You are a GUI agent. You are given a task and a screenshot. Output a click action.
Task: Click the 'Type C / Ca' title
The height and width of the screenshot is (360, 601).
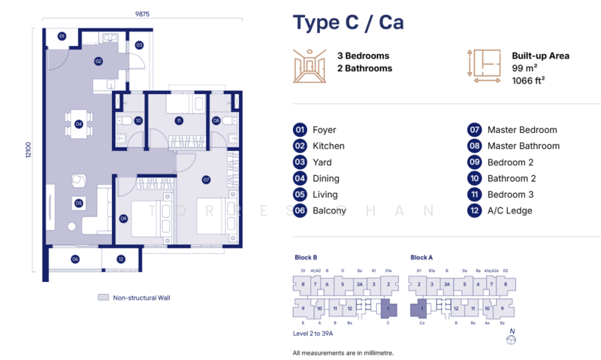[349, 23]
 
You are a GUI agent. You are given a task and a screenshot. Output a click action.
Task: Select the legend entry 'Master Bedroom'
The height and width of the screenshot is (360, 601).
[521, 130]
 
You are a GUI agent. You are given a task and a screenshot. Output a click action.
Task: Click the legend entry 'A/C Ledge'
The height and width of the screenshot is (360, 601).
[509, 210]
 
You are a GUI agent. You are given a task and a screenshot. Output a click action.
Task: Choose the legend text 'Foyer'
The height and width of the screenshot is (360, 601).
[325, 130]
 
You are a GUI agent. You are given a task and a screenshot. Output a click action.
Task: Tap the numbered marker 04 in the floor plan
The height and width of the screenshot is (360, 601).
[78, 125]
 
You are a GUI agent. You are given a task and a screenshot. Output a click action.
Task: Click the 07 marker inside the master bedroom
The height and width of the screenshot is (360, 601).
[206, 180]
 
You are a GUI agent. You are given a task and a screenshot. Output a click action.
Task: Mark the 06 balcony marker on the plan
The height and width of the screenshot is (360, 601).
[75, 259]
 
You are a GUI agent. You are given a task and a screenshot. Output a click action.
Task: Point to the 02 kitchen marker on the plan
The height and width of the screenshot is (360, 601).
[98, 61]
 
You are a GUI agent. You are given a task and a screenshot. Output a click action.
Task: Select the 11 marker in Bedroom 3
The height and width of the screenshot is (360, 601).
[179, 120]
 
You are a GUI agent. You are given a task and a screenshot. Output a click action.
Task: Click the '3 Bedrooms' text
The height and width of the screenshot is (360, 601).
[363, 56]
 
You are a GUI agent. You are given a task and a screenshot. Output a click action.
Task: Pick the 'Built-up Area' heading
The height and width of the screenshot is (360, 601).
[540, 56]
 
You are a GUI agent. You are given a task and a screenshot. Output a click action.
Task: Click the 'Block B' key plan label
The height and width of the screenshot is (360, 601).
[305, 257]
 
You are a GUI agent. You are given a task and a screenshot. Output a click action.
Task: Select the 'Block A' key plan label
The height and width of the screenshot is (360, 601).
[421, 257]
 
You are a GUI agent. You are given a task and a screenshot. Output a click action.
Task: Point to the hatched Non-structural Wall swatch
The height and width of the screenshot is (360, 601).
[103, 298]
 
